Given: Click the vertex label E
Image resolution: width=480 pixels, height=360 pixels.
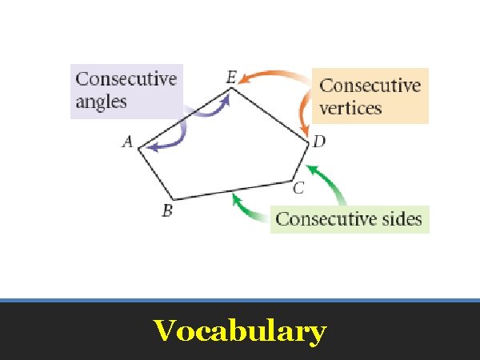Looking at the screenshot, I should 230,78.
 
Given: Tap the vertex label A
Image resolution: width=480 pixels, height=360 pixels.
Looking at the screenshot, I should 126,142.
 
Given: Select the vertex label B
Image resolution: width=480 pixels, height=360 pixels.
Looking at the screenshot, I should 167,211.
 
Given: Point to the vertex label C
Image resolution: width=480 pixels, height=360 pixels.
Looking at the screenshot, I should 298,189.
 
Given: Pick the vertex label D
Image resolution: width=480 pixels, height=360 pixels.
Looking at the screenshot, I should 318,142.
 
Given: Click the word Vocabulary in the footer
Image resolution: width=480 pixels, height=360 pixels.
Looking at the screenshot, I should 239,330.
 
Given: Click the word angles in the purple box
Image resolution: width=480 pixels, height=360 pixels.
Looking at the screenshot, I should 101,102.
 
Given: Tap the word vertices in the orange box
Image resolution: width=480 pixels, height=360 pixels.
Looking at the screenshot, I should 350,107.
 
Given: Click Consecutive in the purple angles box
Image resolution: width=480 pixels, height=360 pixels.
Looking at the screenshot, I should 126,79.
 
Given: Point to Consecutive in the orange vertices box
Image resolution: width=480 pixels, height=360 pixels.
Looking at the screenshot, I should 370,85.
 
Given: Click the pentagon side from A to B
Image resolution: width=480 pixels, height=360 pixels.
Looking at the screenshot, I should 156,174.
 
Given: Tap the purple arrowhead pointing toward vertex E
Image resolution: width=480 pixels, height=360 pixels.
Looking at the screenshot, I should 226,98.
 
